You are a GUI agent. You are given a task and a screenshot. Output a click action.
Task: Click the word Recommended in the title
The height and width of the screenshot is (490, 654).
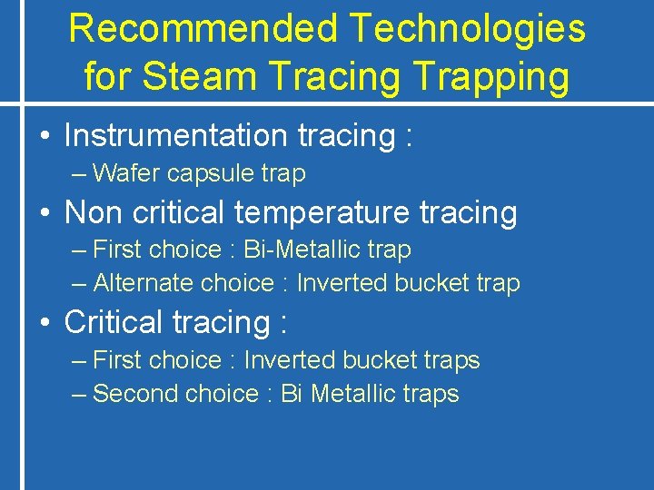[202, 29]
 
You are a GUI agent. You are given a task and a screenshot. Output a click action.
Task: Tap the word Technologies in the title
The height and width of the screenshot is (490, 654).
[467, 29]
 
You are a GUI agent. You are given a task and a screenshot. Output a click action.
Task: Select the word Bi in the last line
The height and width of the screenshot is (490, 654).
[291, 394]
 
